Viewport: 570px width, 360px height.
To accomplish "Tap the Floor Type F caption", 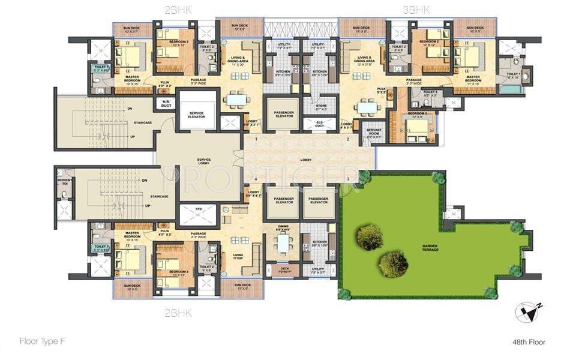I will [41, 341].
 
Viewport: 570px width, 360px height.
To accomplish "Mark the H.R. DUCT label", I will [163, 104].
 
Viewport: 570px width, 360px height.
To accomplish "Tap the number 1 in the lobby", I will [256, 139].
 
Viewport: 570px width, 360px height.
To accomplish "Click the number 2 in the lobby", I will [348, 139].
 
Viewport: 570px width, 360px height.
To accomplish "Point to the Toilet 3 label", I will [429, 94].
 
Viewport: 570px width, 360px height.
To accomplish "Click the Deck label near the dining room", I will [285, 269].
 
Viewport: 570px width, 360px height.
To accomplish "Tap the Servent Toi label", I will [64, 182].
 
